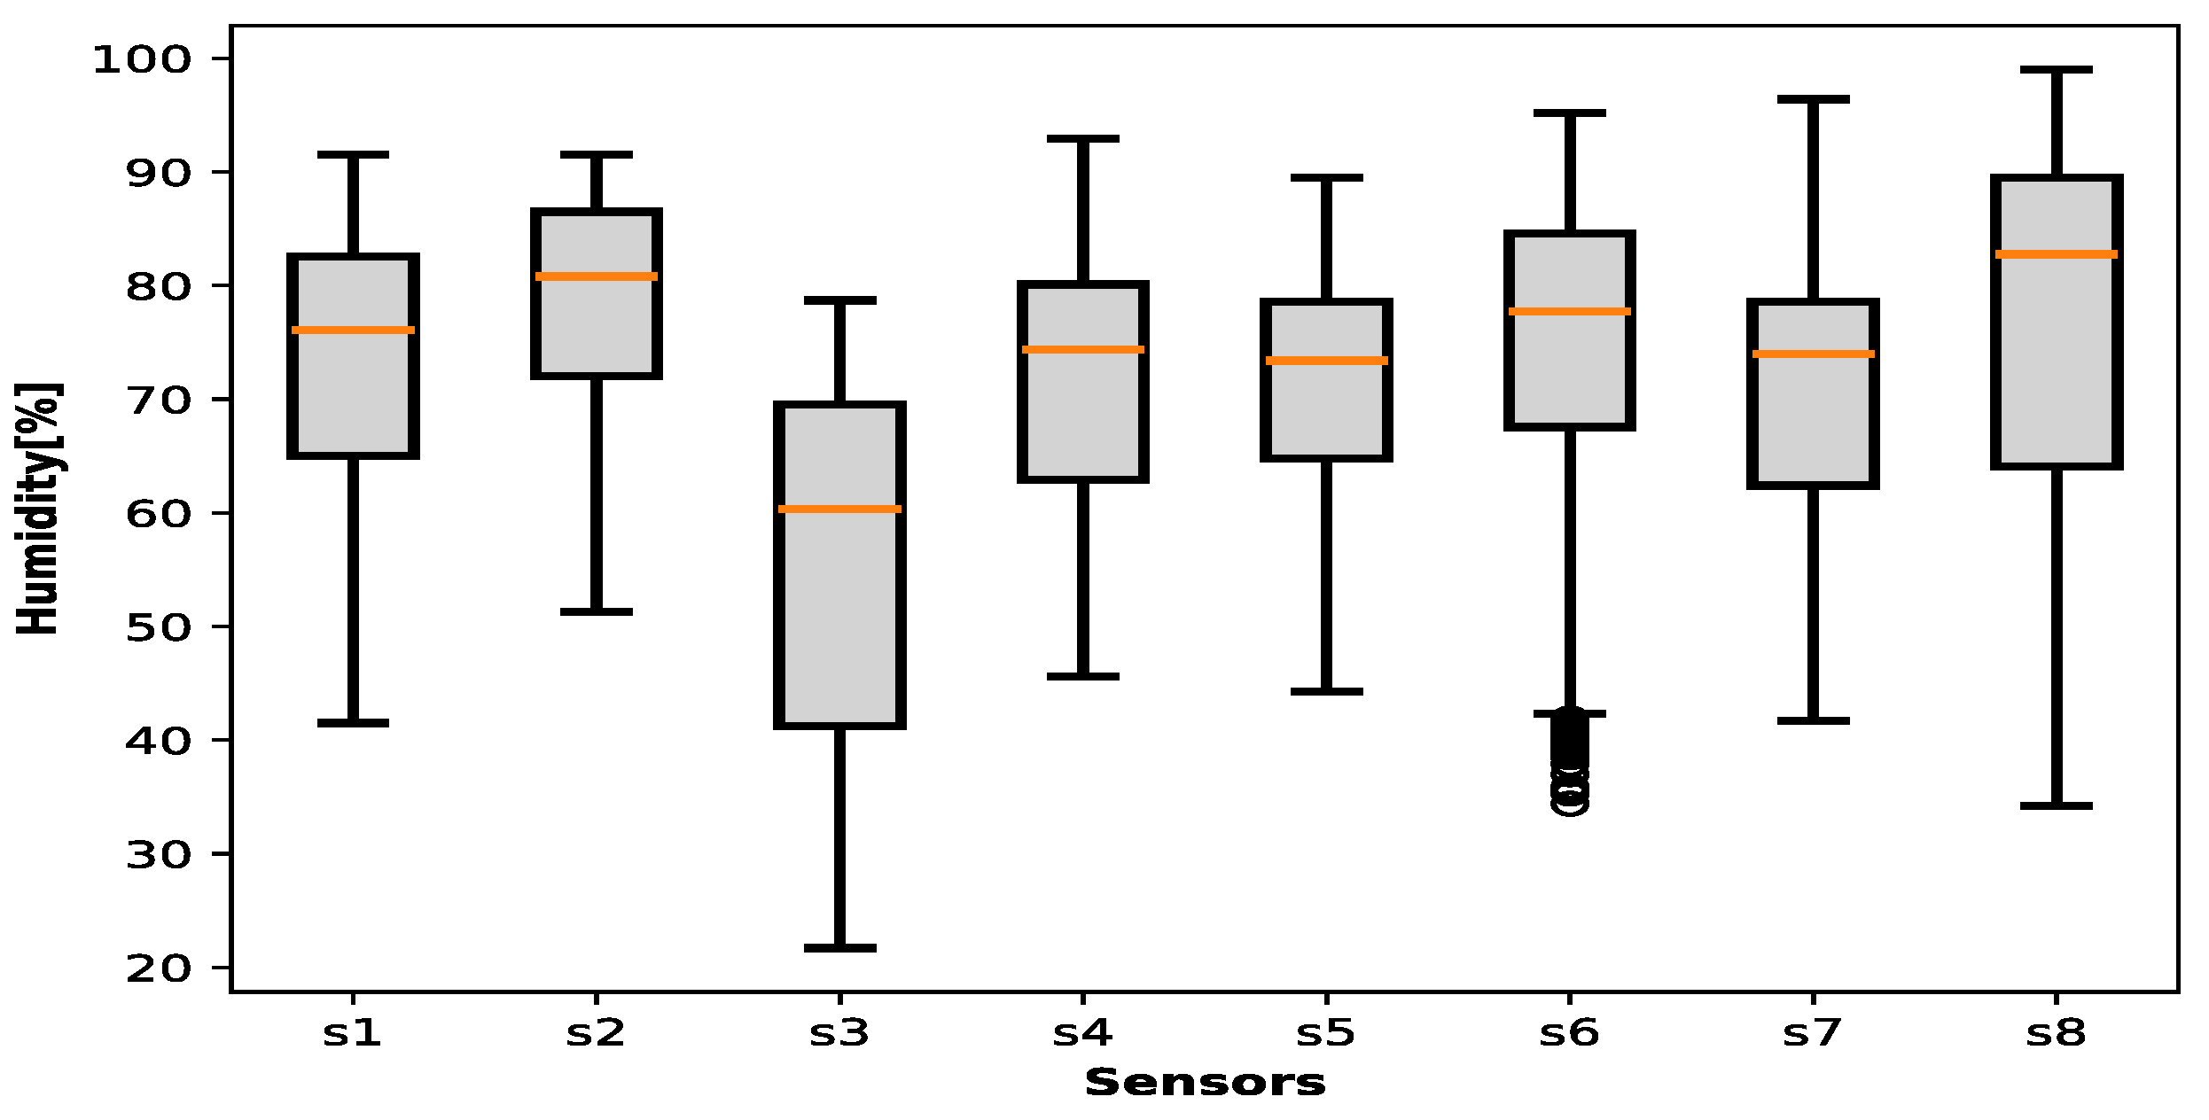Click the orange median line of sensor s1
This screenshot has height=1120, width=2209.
[353, 331]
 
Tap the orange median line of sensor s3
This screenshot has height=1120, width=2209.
[839, 509]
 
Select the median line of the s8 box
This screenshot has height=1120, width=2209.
[2057, 254]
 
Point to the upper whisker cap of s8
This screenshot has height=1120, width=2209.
[2057, 69]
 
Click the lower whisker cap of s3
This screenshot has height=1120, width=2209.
[839, 948]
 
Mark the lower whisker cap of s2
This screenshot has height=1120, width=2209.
[597, 611]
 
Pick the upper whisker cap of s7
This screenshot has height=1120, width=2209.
[1814, 99]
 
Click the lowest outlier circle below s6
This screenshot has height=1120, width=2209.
[1570, 802]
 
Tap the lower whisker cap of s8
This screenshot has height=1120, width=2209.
[2057, 805]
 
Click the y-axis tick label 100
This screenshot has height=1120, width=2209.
[142, 60]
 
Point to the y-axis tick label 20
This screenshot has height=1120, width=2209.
[158, 968]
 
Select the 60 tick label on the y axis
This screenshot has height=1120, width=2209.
[158, 514]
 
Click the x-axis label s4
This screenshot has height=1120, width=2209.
[1082, 1033]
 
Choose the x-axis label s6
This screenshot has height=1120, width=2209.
[1570, 1033]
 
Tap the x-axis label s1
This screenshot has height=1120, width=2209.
[353, 1033]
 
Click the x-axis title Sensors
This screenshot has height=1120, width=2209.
[1205, 1083]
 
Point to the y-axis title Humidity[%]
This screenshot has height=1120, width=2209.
[38, 509]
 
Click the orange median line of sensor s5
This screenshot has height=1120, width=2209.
[1326, 361]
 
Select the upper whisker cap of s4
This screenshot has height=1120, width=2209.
[1083, 139]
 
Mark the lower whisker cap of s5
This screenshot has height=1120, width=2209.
[1326, 691]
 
